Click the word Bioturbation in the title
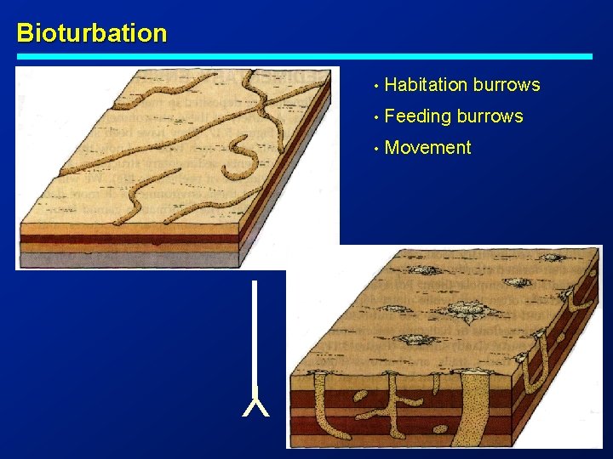[x=92, y=33]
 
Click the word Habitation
[x=426, y=85]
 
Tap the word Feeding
[x=418, y=116]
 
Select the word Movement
[x=427, y=148]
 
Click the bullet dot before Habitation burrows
[x=374, y=86]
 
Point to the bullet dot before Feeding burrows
[x=374, y=117]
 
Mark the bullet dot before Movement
[x=374, y=149]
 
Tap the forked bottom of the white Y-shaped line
[x=255, y=406]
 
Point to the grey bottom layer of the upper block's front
[x=128, y=260]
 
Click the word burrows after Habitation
[x=507, y=85]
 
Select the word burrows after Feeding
[x=490, y=116]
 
